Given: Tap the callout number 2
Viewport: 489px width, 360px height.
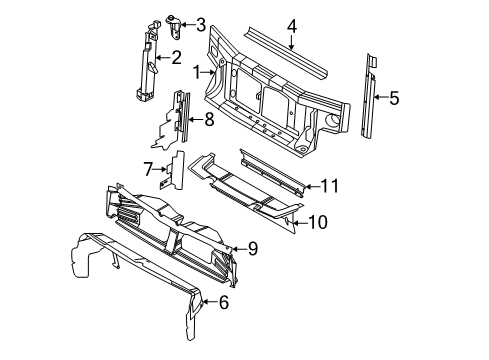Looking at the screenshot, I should coord(175,58).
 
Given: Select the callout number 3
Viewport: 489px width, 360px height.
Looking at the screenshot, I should coord(201,25).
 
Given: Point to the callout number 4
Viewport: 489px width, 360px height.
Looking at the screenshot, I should coord(291,27).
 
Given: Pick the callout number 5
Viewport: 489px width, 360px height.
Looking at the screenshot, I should coord(394,98).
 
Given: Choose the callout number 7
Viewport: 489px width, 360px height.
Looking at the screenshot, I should coord(147,169).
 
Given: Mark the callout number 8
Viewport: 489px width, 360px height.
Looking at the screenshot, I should coord(208,120).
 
